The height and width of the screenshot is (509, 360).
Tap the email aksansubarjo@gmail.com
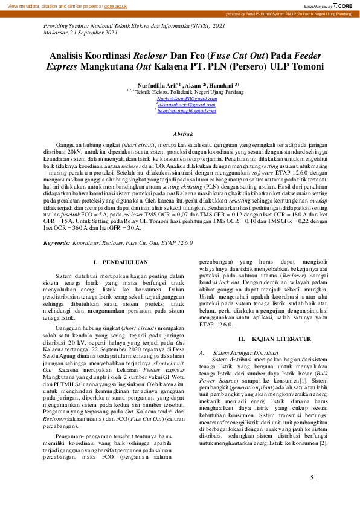[185, 105]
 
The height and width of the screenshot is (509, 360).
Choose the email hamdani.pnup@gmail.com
[185, 111]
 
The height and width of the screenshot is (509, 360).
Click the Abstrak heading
[183, 134]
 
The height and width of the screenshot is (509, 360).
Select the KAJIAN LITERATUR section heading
[263, 339]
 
